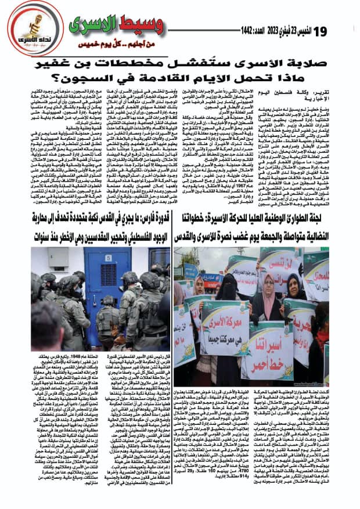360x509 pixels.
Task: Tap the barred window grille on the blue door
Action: (96, 277)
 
